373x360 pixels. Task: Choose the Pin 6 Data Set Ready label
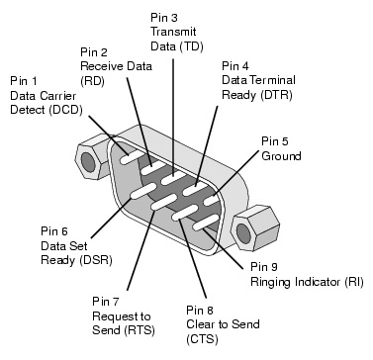(34, 239)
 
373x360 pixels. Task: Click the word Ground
(280, 156)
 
